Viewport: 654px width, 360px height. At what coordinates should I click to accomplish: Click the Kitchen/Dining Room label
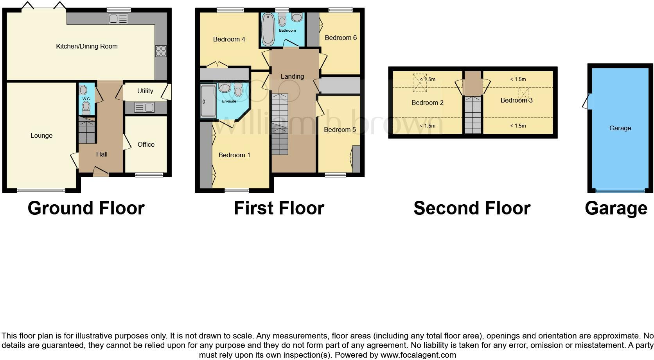coord(87,46)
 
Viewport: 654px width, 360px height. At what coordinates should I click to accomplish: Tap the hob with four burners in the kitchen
coord(161,51)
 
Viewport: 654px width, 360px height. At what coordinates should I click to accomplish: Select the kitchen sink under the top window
coord(118,18)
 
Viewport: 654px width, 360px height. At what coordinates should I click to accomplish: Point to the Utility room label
coord(145,91)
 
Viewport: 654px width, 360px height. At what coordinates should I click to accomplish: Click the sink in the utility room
coord(144,107)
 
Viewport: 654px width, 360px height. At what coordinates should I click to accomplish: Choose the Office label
coord(146,144)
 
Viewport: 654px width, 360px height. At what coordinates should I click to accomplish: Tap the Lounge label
coord(41,135)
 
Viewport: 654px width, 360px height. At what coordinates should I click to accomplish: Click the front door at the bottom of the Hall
coord(101,172)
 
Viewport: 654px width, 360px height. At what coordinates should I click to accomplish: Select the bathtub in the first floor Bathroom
coord(268,29)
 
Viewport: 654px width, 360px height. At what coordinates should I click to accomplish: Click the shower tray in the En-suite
coord(208,101)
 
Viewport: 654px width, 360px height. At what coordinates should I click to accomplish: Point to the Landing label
coord(292,76)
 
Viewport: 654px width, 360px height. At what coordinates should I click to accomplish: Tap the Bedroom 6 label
coord(341,38)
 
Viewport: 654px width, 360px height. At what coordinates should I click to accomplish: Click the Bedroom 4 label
coord(229,39)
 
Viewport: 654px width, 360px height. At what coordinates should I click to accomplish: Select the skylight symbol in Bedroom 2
coord(420,83)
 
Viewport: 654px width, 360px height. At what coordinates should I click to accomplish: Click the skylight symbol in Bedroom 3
coord(523,93)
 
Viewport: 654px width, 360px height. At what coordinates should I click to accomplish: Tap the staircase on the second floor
coord(473,115)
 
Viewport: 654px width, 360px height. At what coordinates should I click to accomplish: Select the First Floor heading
coord(279,208)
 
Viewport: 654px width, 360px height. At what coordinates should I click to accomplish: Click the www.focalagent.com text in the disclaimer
coord(418,355)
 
